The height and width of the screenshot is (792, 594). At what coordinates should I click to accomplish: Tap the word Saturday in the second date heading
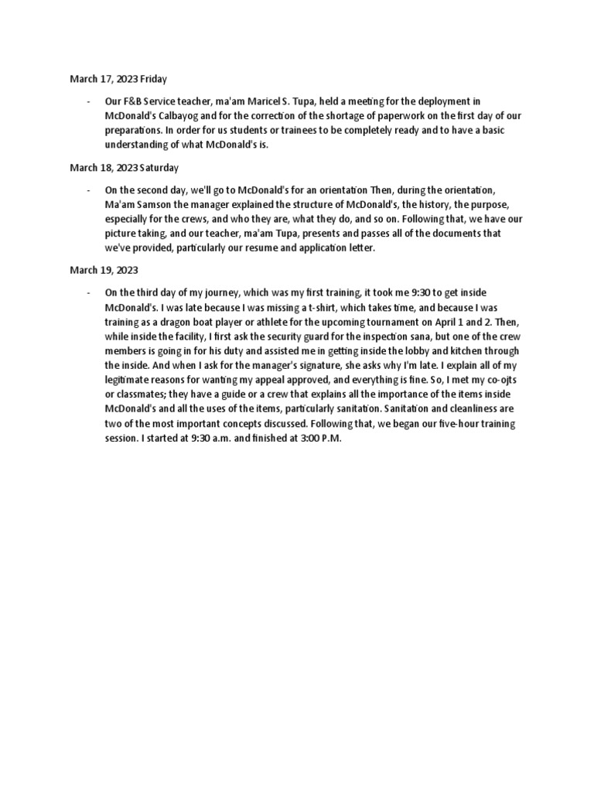(159, 167)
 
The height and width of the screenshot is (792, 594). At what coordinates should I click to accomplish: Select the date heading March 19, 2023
(104, 271)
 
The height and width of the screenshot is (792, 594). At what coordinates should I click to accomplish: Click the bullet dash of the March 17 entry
(90, 101)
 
